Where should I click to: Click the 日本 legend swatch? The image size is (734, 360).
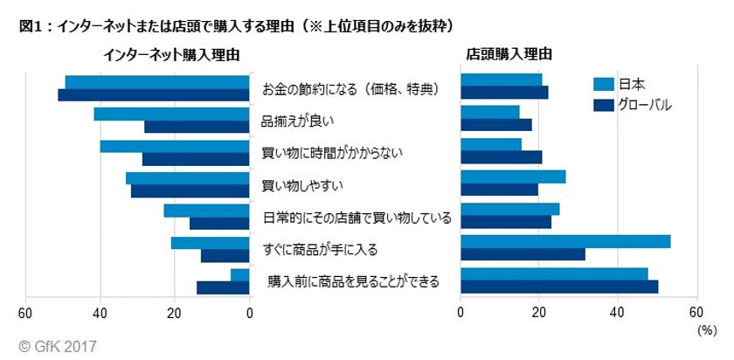[x=603, y=85]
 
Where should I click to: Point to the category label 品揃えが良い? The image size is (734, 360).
[x=298, y=121]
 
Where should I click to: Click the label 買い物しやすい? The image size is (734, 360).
[x=302, y=184]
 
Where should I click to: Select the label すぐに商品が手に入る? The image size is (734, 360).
[x=320, y=249]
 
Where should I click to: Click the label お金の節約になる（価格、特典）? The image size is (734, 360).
[x=350, y=89]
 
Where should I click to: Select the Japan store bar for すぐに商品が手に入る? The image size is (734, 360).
[x=565, y=242]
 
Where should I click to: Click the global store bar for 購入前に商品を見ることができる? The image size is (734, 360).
[x=559, y=287]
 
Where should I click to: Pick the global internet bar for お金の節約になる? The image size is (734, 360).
[x=154, y=95]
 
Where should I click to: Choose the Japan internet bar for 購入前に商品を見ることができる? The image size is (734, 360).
[x=240, y=274]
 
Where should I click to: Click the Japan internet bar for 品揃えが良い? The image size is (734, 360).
[x=171, y=114]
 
